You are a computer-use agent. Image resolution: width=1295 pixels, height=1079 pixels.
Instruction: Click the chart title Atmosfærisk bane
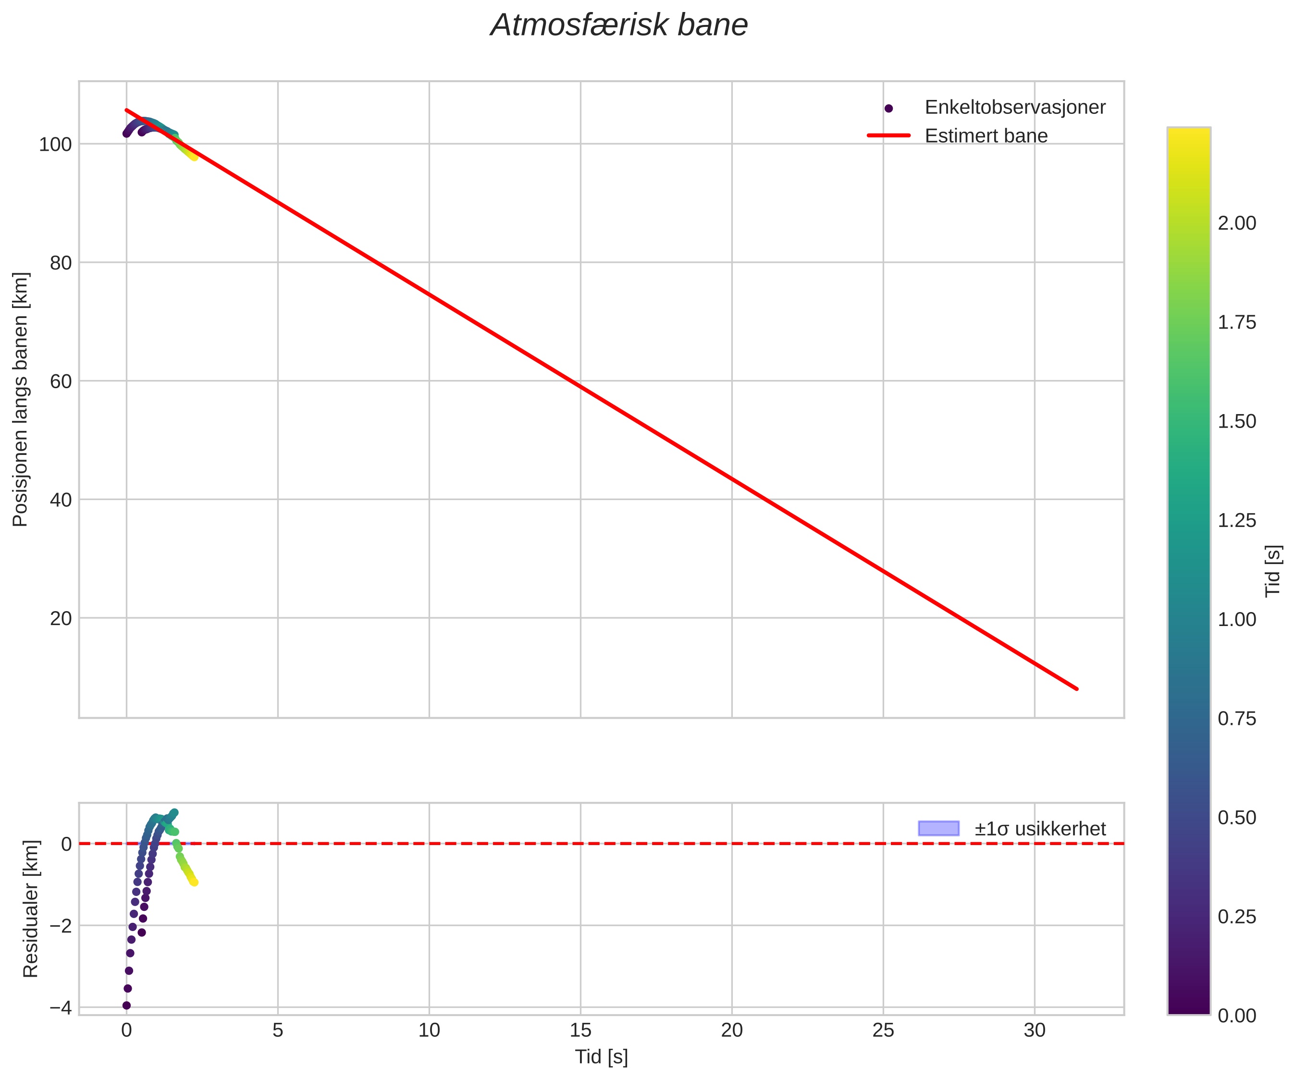pos(619,26)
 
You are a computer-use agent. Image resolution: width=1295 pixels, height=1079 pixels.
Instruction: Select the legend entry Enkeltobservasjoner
pos(1014,107)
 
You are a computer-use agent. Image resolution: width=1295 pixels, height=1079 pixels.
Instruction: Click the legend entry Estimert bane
pos(986,135)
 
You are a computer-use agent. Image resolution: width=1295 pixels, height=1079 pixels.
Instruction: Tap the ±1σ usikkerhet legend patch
pos(938,828)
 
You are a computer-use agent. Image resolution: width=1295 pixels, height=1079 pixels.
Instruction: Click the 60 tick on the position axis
pos(61,381)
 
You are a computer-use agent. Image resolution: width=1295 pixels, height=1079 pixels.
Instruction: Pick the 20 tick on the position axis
pos(61,618)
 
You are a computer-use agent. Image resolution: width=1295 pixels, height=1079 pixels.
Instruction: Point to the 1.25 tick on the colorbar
pos(1236,520)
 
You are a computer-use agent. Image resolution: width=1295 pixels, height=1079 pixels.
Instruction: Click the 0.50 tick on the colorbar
pos(1236,818)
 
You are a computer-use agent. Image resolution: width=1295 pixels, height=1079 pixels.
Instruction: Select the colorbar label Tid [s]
pos(1273,571)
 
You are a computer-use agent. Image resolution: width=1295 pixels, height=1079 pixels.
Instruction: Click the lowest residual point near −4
pos(126,1005)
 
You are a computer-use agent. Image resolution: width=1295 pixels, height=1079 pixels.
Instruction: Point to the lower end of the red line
pos(1077,689)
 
